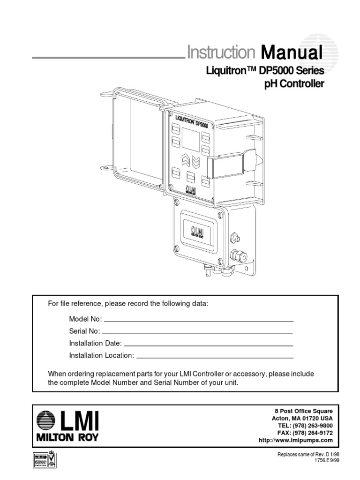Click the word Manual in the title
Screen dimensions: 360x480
point(292,52)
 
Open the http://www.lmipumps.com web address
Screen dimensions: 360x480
point(295,441)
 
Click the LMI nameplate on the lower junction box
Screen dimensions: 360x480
point(197,232)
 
